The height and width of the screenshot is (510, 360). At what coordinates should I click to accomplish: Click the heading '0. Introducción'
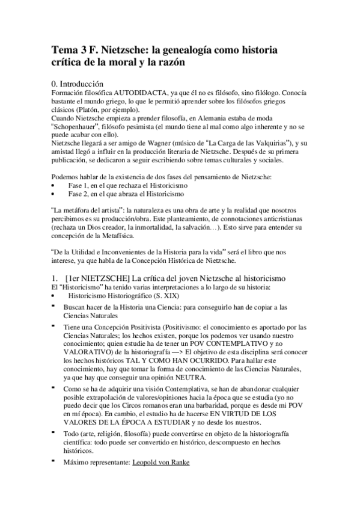tap(86, 84)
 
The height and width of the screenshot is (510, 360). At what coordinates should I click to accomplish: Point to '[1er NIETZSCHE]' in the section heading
tap(96, 278)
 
